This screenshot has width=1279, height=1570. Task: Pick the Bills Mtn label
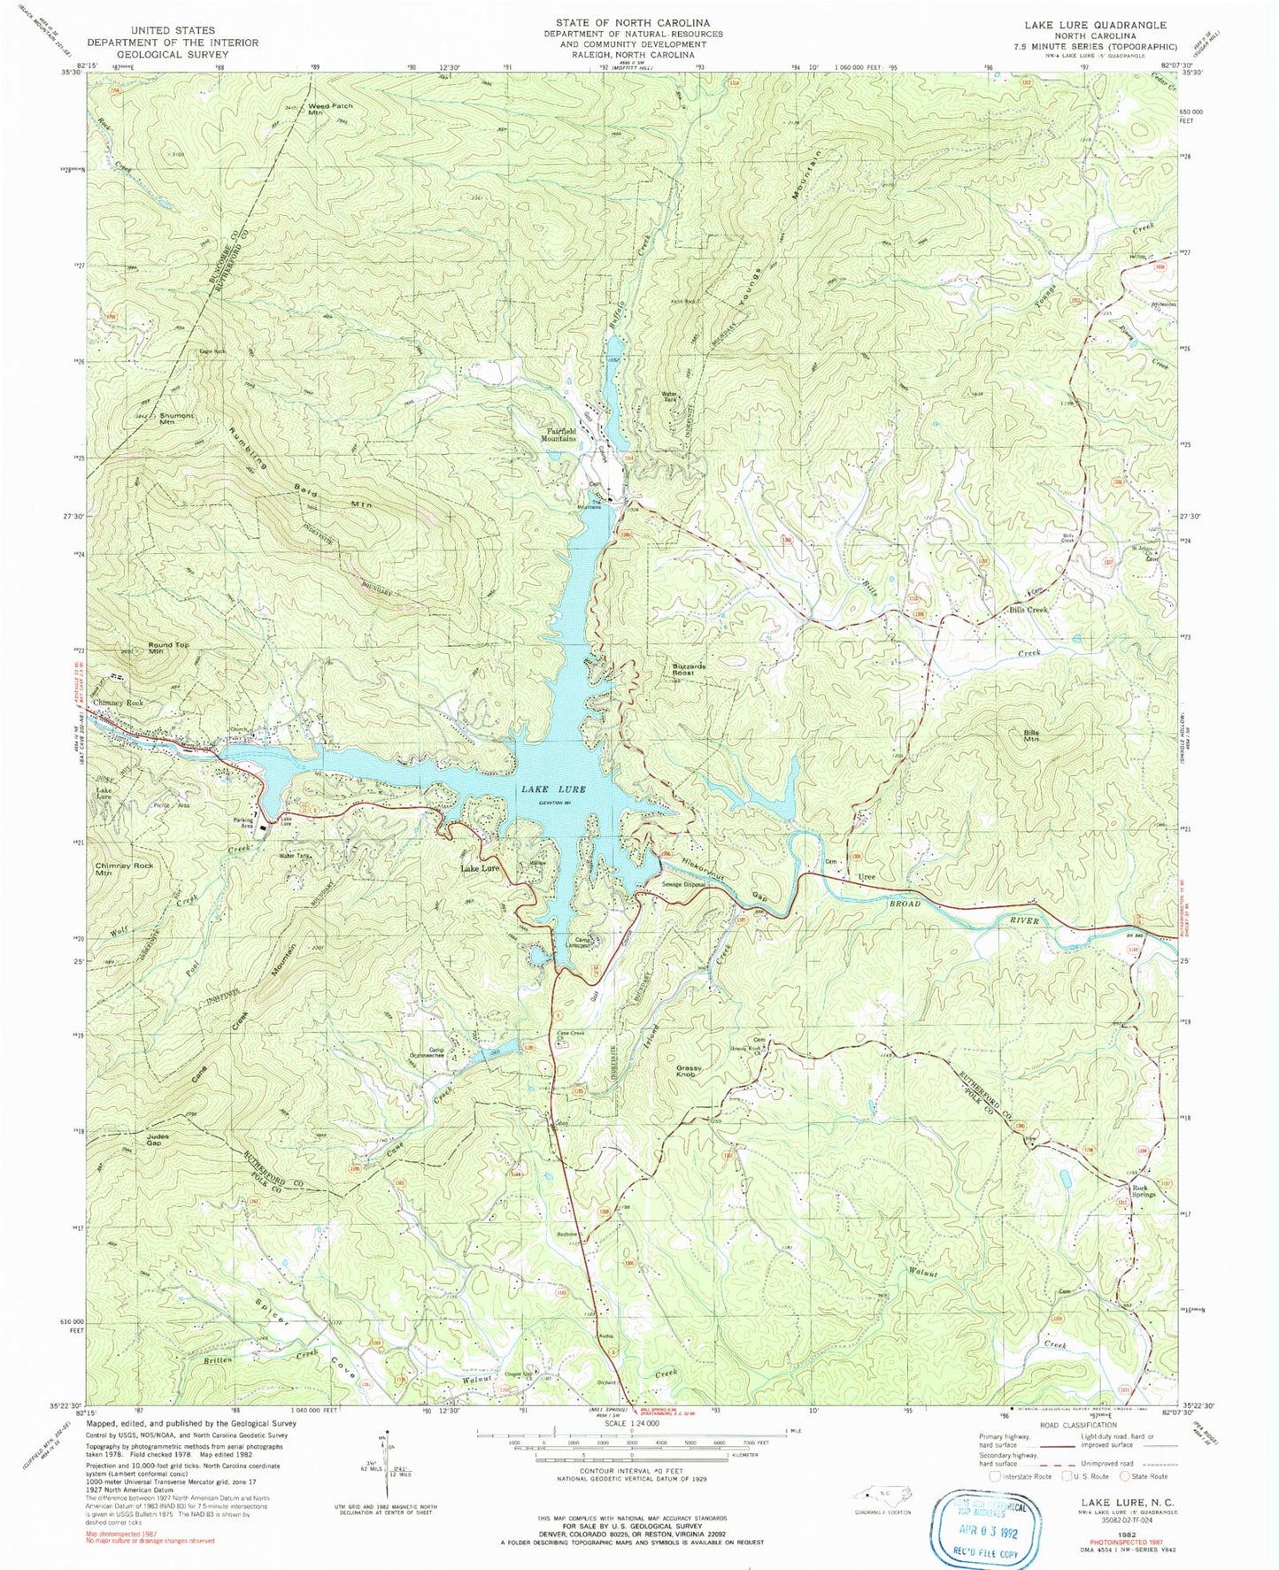[1031, 736]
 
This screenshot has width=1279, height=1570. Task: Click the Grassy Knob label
[690, 1071]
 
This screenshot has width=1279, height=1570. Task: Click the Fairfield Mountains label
[559, 435]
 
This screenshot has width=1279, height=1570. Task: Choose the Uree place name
[867, 876]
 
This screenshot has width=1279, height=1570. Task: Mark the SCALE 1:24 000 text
[632, 1449]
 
